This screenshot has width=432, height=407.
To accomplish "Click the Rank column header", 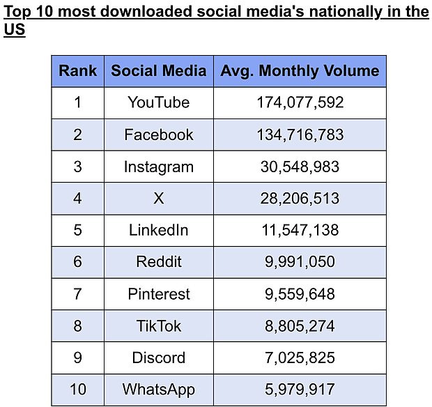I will (x=78, y=70).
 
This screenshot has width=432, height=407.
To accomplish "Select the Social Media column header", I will (x=159, y=70).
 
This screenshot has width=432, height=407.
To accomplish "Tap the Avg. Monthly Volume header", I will (x=300, y=70).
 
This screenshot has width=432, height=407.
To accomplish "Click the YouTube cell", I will (x=159, y=102).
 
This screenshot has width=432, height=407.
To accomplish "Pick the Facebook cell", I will (x=159, y=135).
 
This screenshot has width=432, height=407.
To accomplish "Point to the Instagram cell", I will (x=159, y=167).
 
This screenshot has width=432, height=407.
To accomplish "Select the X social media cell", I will (x=159, y=199).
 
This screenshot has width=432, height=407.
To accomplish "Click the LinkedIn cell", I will (x=159, y=230).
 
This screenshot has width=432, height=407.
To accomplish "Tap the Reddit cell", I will (x=159, y=262).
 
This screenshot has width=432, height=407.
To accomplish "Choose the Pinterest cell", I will (x=159, y=294).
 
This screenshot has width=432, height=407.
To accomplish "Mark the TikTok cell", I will (x=159, y=326).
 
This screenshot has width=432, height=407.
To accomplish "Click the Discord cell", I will (x=159, y=358).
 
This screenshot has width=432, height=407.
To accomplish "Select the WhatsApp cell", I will (x=159, y=390).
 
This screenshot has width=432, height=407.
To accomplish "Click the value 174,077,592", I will (x=300, y=102).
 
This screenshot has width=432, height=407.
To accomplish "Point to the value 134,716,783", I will (x=300, y=135).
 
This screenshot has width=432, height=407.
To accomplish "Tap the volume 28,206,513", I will (x=300, y=199).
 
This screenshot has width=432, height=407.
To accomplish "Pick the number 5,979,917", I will (x=300, y=390).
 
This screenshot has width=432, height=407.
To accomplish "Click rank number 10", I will (x=78, y=390).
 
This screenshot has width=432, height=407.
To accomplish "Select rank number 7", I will (x=78, y=294).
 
